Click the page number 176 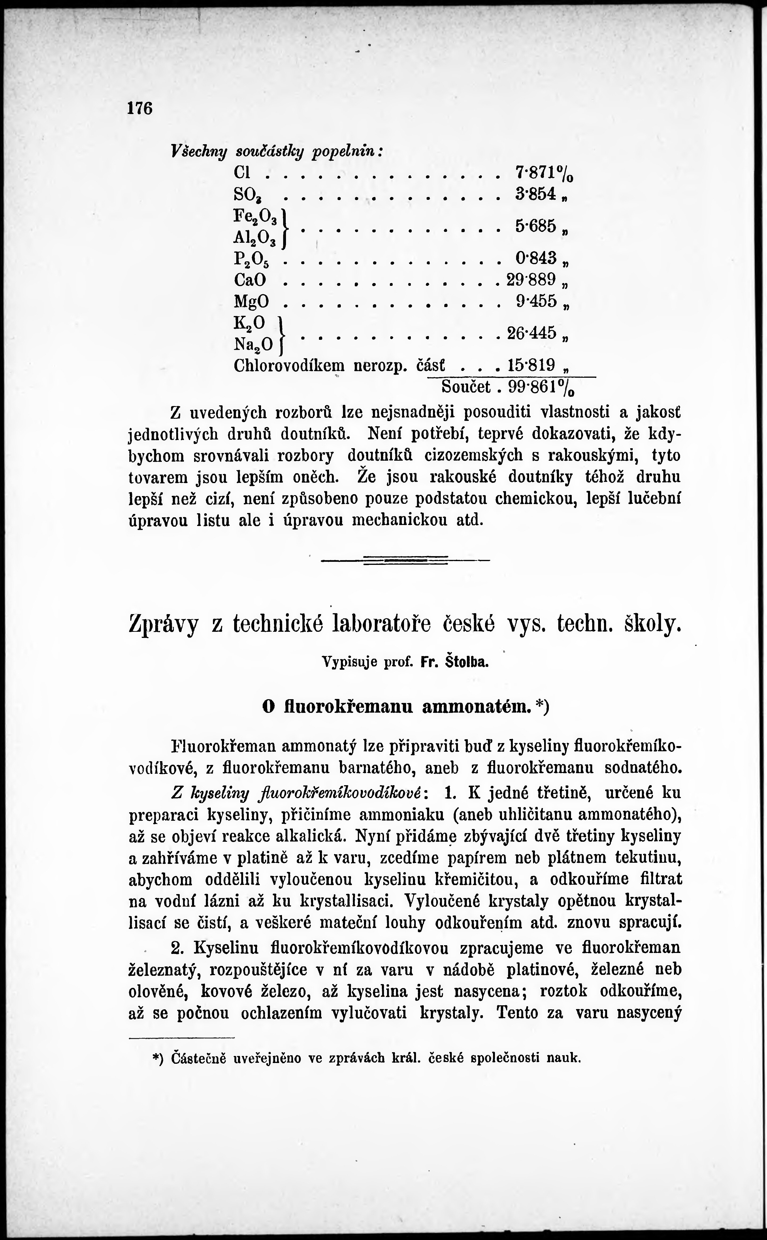coord(140,109)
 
